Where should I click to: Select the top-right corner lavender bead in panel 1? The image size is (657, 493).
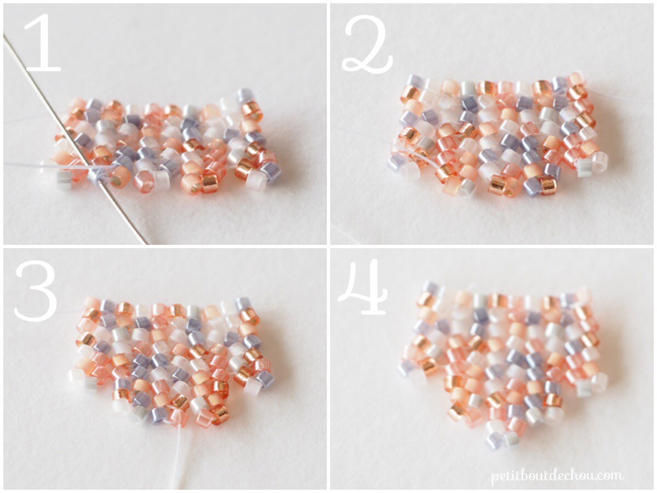coord(245,96)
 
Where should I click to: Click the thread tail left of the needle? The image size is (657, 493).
coord(33,163)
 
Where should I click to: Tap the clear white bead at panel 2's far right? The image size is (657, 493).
coord(599,160)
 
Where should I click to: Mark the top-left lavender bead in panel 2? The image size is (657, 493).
coord(414,82)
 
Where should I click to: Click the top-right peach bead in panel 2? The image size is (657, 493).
coord(575,78)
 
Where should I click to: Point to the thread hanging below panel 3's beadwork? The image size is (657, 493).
coord(178,455)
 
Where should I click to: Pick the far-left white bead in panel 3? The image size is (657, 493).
coord(75,375)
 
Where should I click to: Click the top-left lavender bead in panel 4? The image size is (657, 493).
coord(431,288)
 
